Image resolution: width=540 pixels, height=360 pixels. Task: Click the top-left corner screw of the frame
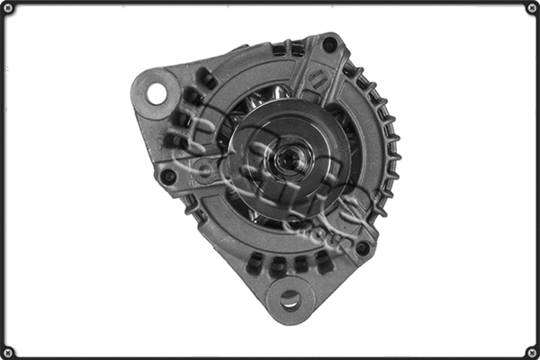pyautogui.click(x=8, y=8)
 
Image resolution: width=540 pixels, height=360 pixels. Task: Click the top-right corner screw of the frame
pyautogui.click(x=531, y=8)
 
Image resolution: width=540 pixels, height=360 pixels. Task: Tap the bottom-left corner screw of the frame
pyautogui.click(x=8, y=352)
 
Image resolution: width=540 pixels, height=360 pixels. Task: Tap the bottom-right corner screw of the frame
pyautogui.click(x=531, y=352)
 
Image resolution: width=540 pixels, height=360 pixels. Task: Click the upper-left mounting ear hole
pyautogui.click(x=157, y=92)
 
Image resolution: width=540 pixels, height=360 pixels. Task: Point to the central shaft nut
pyautogui.click(x=291, y=161)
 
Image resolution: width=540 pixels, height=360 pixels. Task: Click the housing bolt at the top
pyautogui.click(x=329, y=44)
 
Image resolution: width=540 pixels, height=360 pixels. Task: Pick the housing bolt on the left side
pyautogui.click(x=168, y=176)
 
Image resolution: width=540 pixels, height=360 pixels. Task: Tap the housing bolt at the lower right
pyautogui.click(x=362, y=247)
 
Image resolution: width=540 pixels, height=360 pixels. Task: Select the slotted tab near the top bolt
pyautogui.click(x=317, y=79)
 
